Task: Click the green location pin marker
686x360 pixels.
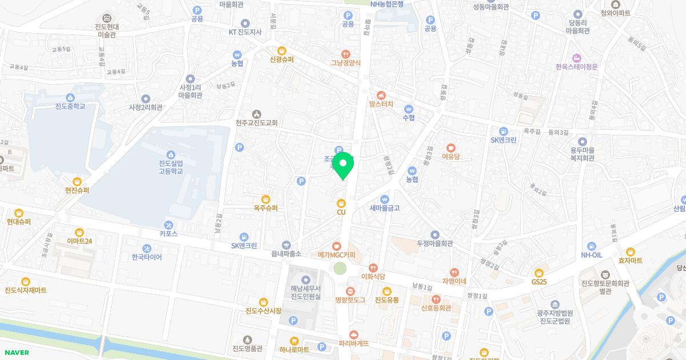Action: [x=343, y=165]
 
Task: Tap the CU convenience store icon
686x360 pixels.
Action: [x=341, y=202]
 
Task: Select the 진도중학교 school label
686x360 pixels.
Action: [x=70, y=106]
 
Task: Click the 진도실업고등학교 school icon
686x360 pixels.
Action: [x=170, y=154]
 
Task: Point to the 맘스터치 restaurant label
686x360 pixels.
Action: [x=381, y=105]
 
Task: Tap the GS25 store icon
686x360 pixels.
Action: [x=539, y=272]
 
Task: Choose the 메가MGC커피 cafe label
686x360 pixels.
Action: [x=337, y=255]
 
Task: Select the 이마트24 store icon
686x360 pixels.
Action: [x=79, y=231]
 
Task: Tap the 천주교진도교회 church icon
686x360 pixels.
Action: [x=256, y=113]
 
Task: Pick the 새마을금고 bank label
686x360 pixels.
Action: [x=384, y=208]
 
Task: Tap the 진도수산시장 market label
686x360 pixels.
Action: [x=264, y=311]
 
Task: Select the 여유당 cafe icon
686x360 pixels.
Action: [x=451, y=146]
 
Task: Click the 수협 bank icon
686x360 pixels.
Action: [x=408, y=109]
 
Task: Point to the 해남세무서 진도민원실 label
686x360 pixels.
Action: [x=306, y=292]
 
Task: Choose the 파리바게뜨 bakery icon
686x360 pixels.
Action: [x=353, y=334]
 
